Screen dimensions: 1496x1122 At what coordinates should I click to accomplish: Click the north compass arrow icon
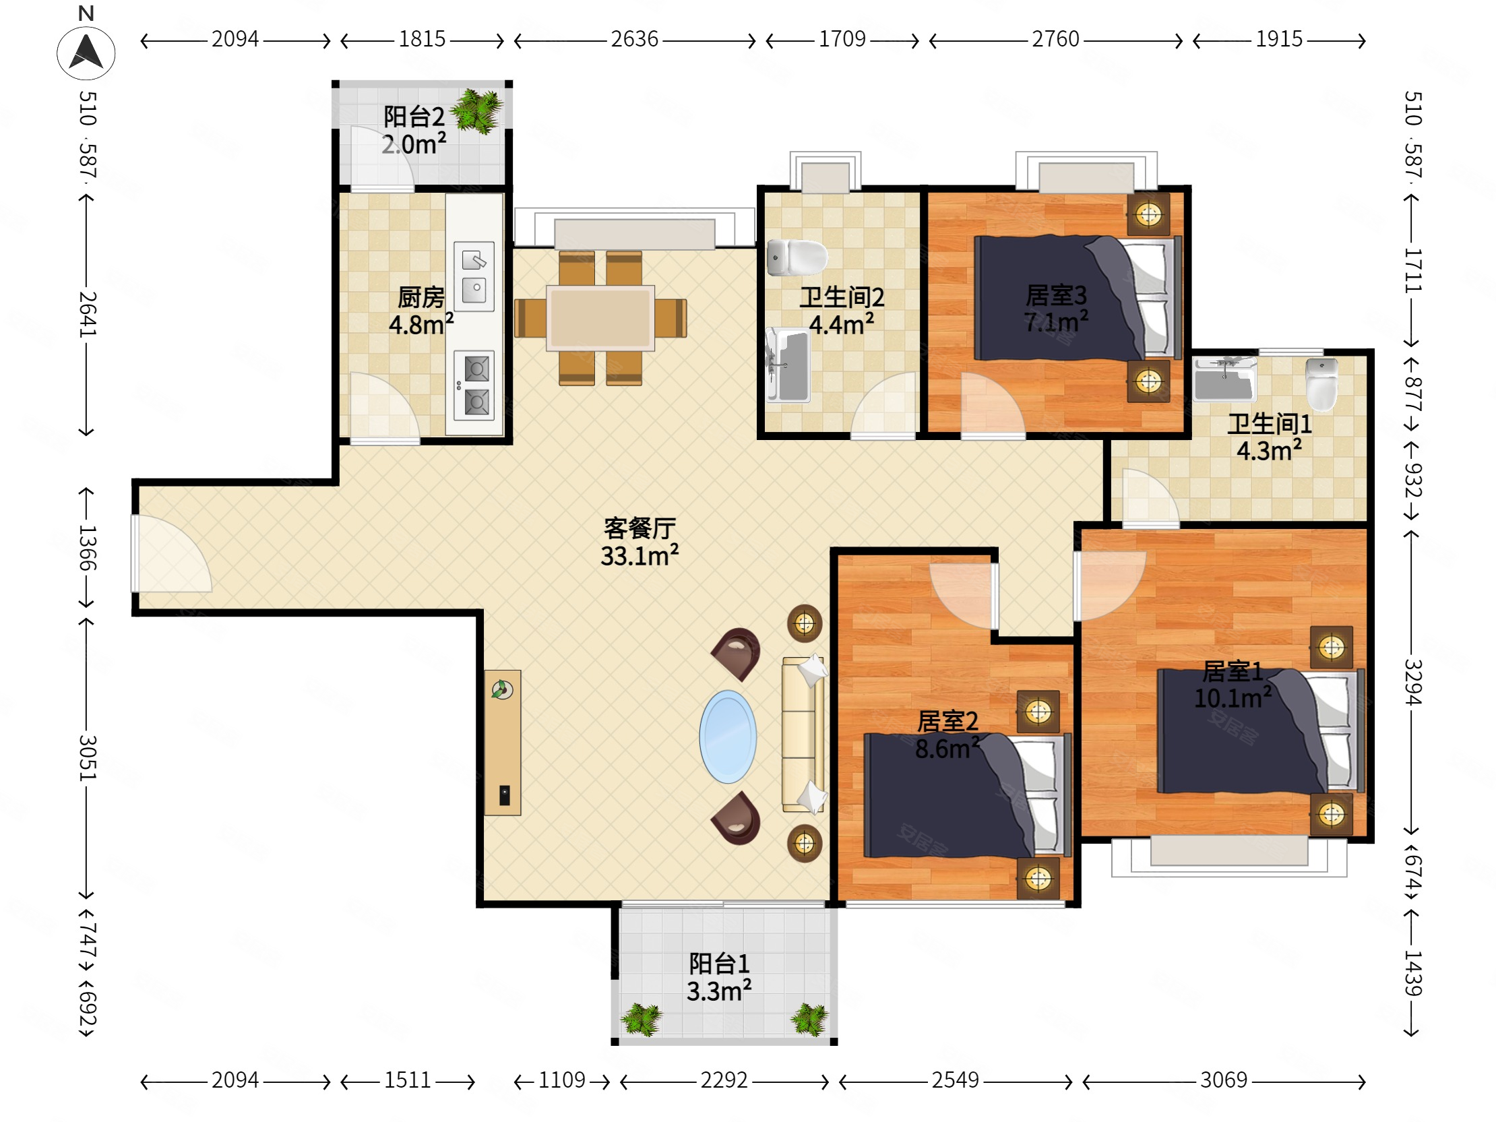point(86,53)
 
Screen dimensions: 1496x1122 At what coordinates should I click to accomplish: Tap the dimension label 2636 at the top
point(634,39)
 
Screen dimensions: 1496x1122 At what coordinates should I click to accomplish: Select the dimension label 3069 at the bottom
point(1224,1080)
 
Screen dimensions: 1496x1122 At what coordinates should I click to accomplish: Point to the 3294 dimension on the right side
point(1413,682)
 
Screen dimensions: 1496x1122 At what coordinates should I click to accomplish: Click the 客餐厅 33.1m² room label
point(639,542)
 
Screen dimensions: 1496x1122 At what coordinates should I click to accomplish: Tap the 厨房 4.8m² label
point(420,311)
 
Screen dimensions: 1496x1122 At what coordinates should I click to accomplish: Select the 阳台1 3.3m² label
point(719,977)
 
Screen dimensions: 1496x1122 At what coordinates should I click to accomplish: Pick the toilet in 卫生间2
point(797,257)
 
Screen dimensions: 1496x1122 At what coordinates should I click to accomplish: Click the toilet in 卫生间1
point(1321,383)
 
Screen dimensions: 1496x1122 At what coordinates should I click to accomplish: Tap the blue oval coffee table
point(728,737)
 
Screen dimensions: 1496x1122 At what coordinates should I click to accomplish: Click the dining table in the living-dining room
point(600,318)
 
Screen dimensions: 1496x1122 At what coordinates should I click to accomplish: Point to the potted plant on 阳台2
point(478,111)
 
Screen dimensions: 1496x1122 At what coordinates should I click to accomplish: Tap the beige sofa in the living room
point(803,734)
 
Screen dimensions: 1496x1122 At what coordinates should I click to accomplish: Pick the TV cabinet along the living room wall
point(503,743)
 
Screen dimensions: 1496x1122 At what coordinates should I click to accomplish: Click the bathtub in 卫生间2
point(788,365)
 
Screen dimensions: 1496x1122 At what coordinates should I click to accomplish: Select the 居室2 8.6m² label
point(947,735)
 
